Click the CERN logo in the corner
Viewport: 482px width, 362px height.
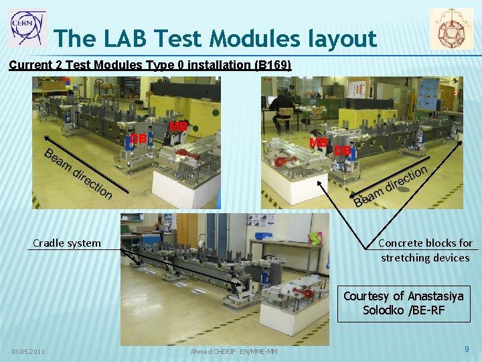click(27, 27)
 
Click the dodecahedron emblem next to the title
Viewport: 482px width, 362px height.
click(451, 29)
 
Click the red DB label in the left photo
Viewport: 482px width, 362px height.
click(138, 139)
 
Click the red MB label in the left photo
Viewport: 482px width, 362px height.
click(178, 126)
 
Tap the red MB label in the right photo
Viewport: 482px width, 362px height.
click(318, 143)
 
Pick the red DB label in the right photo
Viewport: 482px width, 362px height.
click(342, 151)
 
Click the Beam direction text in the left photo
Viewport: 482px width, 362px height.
click(78, 173)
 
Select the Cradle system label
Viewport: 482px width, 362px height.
click(67, 243)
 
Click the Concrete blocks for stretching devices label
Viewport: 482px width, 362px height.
click(425, 250)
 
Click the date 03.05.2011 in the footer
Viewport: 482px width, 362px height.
click(28, 351)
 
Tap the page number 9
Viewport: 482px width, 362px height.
click(467, 349)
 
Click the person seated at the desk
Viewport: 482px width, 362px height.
click(282, 109)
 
